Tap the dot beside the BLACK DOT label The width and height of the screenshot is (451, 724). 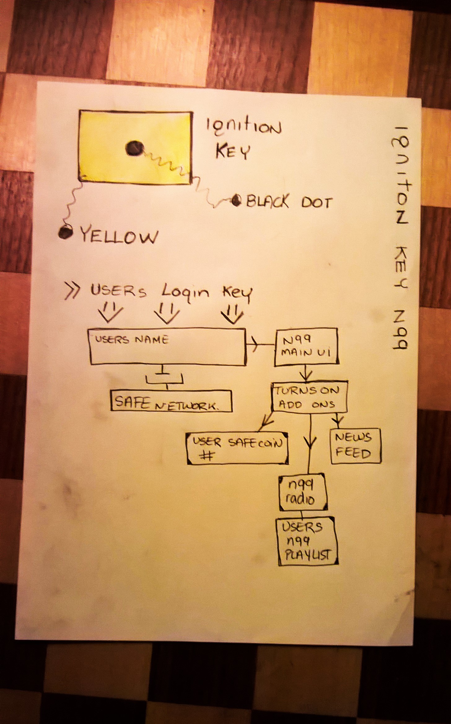237,201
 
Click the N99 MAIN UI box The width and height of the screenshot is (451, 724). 306,346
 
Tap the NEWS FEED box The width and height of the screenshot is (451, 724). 355,446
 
